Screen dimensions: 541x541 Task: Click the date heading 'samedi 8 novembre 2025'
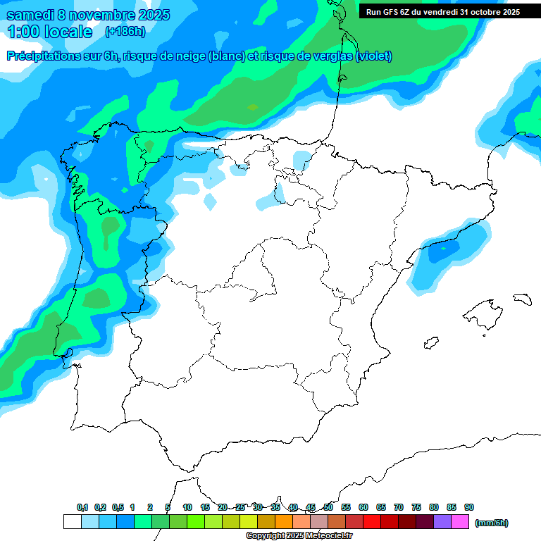coord(88,15)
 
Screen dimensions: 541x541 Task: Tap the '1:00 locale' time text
coord(49,32)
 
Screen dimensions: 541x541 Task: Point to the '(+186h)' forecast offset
coord(125,32)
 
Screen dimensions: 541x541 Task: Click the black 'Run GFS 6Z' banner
coord(442,11)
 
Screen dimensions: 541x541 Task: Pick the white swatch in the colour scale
coord(72,522)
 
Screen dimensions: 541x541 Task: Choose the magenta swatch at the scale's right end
coord(460,522)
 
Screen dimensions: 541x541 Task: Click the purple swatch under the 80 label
coord(442,522)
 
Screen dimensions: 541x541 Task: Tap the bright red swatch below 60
coord(372,522)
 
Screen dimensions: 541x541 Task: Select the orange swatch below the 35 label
coord(284,522)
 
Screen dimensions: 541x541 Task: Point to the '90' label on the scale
coord(469,507)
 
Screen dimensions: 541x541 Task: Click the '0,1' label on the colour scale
coord(82,507)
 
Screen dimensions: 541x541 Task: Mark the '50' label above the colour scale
coord(328,507)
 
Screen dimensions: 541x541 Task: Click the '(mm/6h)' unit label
coord(492,523)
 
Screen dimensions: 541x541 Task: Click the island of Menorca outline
coord(522,299)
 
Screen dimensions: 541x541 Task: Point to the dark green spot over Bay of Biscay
coord(253,107)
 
